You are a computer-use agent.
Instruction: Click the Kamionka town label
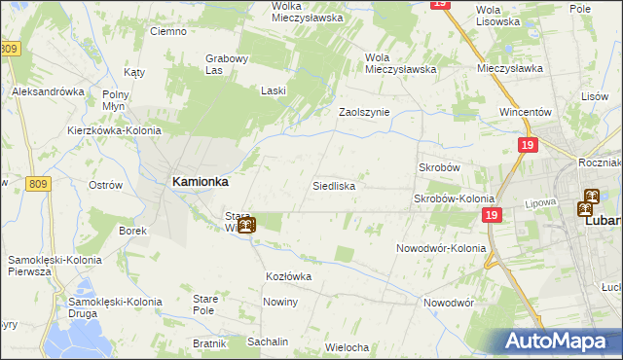200,181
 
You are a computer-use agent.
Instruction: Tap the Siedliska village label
333,185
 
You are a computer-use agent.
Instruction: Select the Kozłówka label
288,276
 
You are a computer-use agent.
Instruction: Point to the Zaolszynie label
363,112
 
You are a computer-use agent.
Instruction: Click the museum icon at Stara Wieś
246,225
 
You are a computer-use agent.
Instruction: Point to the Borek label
132,231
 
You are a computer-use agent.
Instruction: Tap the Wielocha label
347,347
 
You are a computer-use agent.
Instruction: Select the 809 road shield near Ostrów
37,184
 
